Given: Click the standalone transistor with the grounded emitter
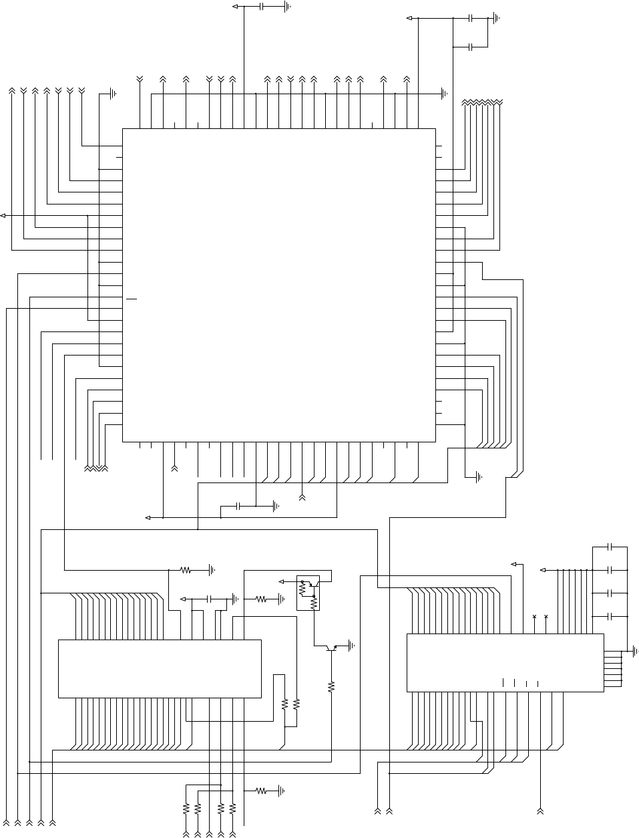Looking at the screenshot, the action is click(331, 648).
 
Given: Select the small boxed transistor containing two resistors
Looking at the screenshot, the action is click(308, 592).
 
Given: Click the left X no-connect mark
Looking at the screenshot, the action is click(534, 616).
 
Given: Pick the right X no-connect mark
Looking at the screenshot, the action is click(546, 616).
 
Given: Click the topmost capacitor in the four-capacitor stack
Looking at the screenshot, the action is click(610, 547).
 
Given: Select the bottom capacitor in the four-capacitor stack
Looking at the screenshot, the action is click(610, 616).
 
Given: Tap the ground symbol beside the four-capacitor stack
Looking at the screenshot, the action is click(634, 650).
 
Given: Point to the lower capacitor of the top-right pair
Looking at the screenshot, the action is click(471, 47).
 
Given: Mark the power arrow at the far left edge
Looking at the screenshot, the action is click(4, 215).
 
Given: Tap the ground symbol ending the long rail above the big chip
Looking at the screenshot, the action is click(444, 94).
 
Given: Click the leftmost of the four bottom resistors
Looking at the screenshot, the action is click(186, 809).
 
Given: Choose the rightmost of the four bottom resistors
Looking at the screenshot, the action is click(232, 809).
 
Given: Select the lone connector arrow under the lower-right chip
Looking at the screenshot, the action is click(541, 811).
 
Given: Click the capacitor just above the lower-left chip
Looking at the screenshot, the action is click(210, 599).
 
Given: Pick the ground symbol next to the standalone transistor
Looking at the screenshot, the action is click(351, 646).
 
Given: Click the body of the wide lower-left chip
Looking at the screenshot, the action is click(160, 668).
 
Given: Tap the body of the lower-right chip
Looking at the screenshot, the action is click(505, 662).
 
